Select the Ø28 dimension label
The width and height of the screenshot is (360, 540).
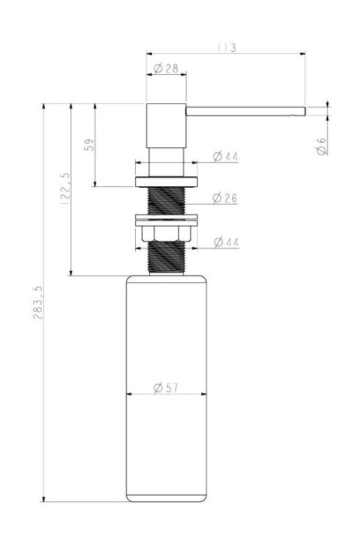tap(165, 67)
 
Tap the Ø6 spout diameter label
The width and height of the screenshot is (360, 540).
tap(322, 146)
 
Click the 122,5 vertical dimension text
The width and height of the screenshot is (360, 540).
tap(66, 190)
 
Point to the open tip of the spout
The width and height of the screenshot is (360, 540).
tap(303, 111)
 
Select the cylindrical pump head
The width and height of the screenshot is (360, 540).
tap(165, 125)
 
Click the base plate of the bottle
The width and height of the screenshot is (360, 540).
tap(165, 499)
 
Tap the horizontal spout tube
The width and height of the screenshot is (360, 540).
tap(243, 111)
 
